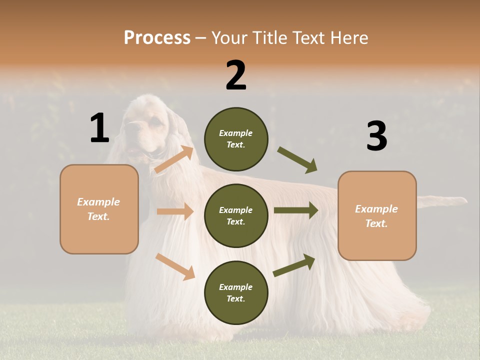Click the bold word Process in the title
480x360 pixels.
point(157,37)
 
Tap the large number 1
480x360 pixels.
point(99,128)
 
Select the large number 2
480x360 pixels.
point(236,75)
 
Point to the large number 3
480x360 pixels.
point(376,136)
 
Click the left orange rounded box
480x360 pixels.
point(99,209)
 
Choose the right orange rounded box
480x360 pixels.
point(377,215)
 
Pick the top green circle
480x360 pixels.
point(236,139)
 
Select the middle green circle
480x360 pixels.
point(236,215)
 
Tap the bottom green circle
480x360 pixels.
point(236,292)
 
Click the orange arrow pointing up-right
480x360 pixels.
point(174,159)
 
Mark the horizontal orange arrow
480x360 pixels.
point(175,211)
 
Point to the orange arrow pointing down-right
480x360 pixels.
point(175,266)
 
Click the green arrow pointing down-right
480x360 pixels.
point(297,160)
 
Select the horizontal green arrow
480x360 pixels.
point(296,210)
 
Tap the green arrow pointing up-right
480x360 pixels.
point(294,265)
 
